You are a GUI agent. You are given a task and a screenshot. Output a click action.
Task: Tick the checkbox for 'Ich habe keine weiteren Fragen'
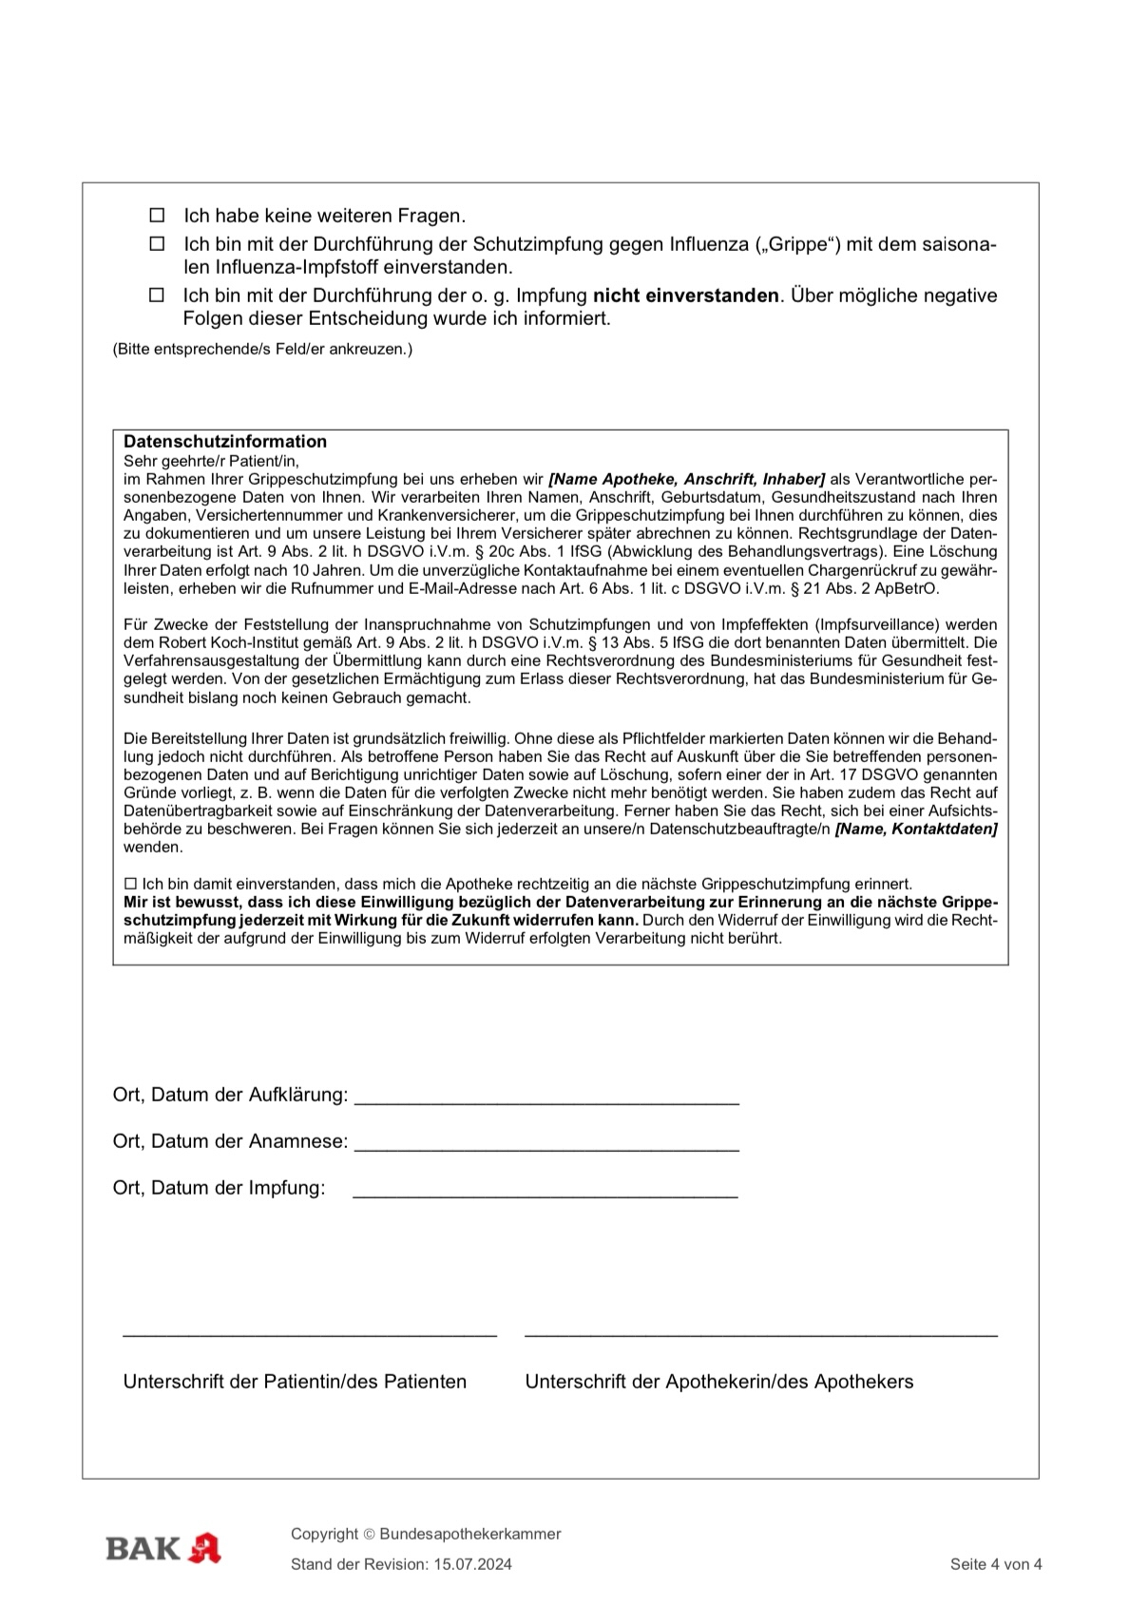[157, 216]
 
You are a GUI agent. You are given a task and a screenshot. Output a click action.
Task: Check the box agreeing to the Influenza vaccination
[157, 244]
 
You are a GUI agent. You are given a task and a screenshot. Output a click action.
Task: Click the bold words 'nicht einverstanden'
[685, 296]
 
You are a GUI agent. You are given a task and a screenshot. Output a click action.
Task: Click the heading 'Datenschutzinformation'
[225, 442]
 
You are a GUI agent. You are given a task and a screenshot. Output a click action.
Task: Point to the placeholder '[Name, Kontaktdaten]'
[916, 830]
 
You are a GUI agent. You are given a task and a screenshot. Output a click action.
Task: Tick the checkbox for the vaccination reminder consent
[131, 884]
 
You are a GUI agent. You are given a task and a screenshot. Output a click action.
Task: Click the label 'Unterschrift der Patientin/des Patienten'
[295, 1382]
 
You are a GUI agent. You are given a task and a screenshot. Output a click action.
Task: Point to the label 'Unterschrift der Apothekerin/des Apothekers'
[718, 1382]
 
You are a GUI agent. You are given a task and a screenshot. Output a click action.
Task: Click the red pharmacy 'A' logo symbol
[204, 1549]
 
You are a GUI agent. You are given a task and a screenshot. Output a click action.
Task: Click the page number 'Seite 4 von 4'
[995, 1565]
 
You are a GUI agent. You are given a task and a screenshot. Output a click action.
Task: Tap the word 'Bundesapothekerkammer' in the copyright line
[469, 1534]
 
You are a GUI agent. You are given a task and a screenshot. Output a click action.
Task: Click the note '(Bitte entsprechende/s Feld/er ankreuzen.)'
[262, 350]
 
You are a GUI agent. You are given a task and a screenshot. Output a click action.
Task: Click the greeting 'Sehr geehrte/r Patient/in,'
[211, 461]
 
